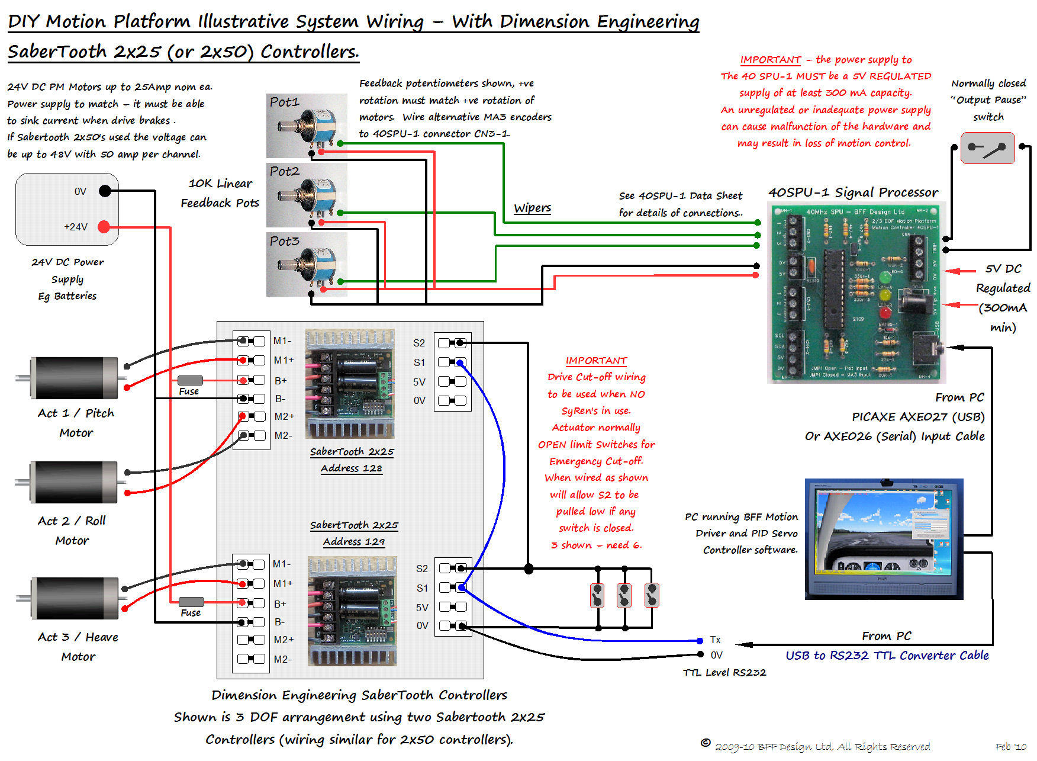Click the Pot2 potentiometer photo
point(307,195)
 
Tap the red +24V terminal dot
point(104,226)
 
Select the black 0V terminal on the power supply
point(105,191)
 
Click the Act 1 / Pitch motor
point(75,377)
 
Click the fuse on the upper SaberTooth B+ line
point(189,380)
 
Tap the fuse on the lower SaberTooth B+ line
point(191,602)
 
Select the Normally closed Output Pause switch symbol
point(987,148)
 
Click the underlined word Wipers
point(532,208)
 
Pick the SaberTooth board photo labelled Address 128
point(350,384)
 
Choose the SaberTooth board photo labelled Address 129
point(352,611)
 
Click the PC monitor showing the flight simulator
point(884,538)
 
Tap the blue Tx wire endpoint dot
point(700,640)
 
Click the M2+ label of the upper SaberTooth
point(284,416)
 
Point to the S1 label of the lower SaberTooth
point(422,588)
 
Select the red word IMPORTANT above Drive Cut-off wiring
point(596,360)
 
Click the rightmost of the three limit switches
point(652,595)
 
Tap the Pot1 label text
point(285,102)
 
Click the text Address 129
point(354,541)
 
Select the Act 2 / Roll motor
point(75,482)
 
